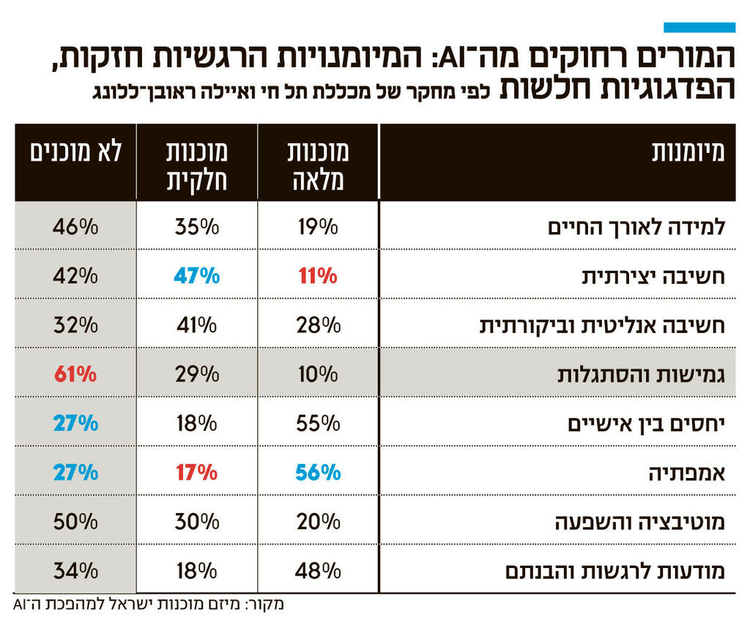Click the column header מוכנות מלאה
pyautogui.click(x=319, y=165)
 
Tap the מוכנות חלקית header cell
pyautogui.click(x=197, y=165)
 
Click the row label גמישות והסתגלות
pyautogui.click(x=642, y=375)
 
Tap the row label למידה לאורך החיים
pyautogui.click(x=636, y=227)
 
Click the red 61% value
pyautogui.click(x=75, y=374)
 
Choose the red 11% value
pyautogui.click(x=318, y=276)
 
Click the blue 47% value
pyautogui.click(x=196, y=276)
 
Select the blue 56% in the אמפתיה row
pyautogui.click(x=318, y=473)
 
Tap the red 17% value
pyautogui.click(x=196, y=473)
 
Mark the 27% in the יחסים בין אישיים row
pyautogui.click(x=75, y=423)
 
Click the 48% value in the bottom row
pyautogui.click(x=318, y=571)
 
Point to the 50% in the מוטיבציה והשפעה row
pyautogui.click(x=75, y=522)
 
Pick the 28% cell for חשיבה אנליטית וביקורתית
pyautogui.click(x=318, y=325)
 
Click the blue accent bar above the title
pyautogui.click(x=699, y=28)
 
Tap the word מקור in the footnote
pyautogui.click(x=264, y=605)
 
